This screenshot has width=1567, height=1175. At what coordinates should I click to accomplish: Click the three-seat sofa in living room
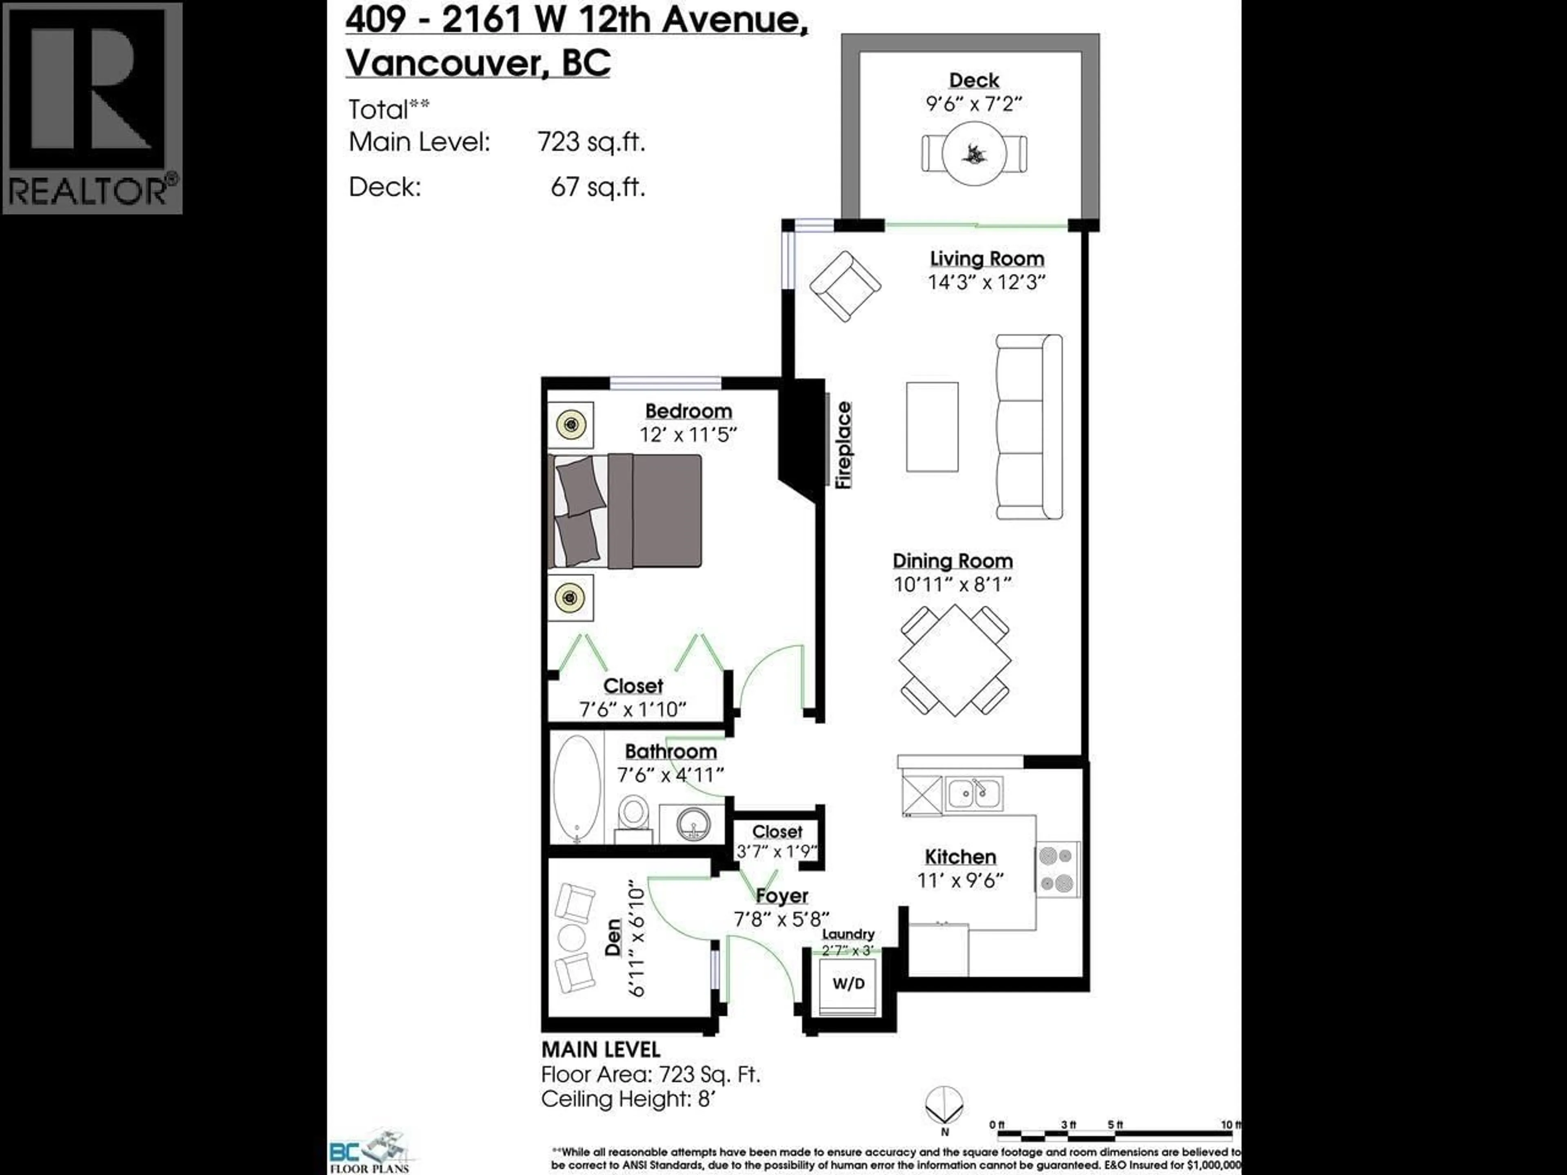[1029, 427]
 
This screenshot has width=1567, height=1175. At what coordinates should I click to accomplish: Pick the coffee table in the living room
[932, 427]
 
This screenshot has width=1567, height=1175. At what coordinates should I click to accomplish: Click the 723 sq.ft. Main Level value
[591, 142]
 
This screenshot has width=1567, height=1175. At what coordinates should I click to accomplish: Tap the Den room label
[613, 937]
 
